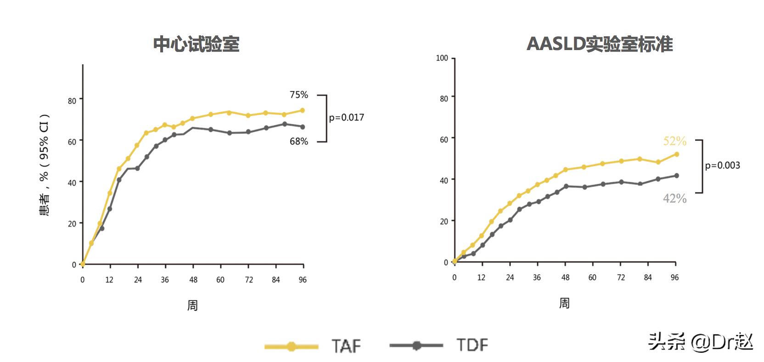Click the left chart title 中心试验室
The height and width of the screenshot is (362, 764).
(196, 44)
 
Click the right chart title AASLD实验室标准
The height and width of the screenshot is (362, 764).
(599, 44)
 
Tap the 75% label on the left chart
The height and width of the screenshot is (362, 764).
(298, 95)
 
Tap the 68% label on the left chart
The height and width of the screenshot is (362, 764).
(298, 141)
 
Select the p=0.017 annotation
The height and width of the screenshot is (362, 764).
(346, 118)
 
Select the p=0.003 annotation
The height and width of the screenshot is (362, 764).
(722, 165)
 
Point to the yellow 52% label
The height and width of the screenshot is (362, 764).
(674, 141)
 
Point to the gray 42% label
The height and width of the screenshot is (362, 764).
(674, 198)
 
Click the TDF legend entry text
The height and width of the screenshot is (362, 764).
(472, 345)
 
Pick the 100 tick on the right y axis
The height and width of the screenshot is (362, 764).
(442, 58)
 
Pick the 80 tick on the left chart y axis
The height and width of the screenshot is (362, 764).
(72, 100)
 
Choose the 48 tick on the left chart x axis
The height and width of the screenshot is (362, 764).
(193, 280)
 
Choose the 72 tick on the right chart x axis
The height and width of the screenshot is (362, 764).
(621, 277)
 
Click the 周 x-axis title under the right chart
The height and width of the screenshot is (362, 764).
(564, 303)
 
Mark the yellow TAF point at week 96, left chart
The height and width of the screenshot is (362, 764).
(303, 110)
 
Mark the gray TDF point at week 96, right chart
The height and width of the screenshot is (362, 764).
(676, 175)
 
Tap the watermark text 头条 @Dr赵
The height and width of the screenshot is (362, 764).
(700, 342)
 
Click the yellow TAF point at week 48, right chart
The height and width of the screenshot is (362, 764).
(566, 170)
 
